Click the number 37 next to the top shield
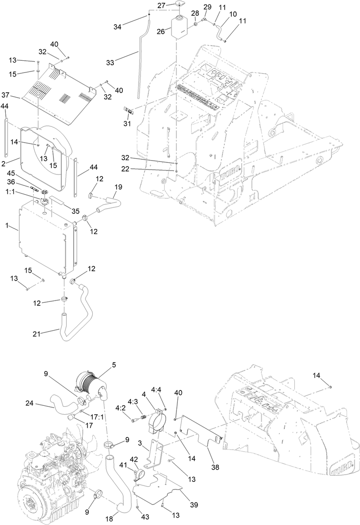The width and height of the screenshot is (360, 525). click(x=17, y=95)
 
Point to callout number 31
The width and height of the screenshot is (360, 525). click(x=128, y=123)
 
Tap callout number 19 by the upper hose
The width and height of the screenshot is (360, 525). click(x=118, y=186)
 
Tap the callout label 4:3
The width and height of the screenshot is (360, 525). click(x=133, y=401)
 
